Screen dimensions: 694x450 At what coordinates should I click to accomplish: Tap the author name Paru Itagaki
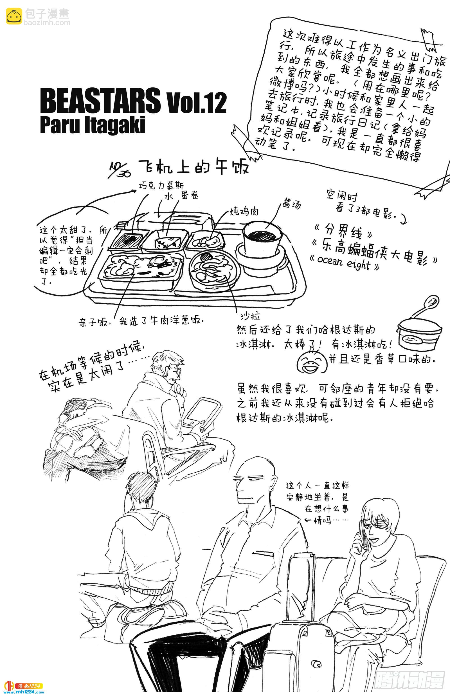(x=92, y=125)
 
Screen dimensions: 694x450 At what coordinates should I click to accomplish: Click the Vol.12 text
(x=196, y=103)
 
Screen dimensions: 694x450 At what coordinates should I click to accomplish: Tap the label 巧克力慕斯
(x=161, y=185)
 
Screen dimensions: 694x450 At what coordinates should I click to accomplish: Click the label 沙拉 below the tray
(x=250, y=316)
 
